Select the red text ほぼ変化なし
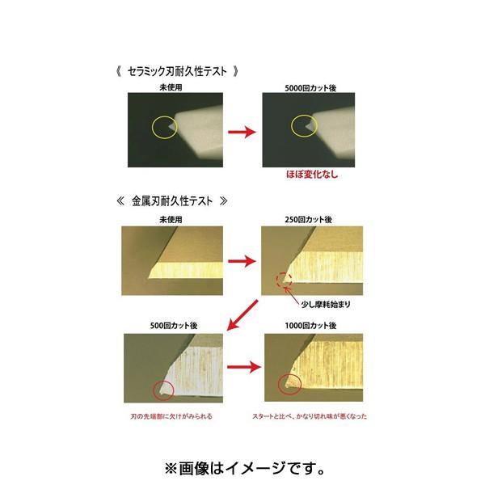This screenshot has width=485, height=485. point(310,174)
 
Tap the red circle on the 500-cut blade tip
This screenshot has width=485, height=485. point(165,392)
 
